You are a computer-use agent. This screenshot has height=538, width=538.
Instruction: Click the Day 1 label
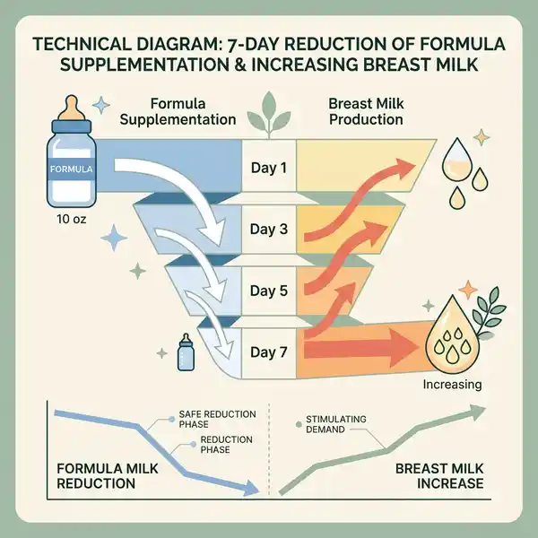[x=269, y=168]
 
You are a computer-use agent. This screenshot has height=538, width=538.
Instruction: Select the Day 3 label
[x=269, y=229]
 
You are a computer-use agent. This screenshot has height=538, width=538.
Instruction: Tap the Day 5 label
[x=269, y=291]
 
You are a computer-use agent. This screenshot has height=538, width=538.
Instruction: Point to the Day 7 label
[x=269, y=352]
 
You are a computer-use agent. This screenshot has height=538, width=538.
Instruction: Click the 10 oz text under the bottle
[x=72, y=219]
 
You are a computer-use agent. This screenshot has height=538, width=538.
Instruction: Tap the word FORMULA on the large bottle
[x=72, y=169]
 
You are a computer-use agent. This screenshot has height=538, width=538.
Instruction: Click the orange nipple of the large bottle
[x=72, y=108]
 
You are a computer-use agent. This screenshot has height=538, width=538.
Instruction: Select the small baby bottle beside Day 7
[x=186, y=352]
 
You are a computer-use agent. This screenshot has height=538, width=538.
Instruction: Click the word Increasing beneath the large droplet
[x=452, y=385]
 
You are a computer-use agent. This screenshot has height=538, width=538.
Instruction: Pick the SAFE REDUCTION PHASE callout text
[x=217, y=419]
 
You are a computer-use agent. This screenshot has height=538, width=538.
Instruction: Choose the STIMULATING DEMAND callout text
[x=336, y=424]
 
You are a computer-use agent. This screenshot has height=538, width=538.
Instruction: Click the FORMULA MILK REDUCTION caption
[x=107, y=476]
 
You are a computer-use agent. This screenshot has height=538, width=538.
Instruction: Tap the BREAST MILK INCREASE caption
[x=439, y=476]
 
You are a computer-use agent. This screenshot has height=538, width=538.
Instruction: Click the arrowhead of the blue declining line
[x=251, y=488]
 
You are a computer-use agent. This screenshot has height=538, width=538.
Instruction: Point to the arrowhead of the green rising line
[x=477, y=412]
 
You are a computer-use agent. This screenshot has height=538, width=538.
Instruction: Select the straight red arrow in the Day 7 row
[x=361, y=348]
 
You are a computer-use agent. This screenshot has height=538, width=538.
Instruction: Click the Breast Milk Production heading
[x=366, y=111]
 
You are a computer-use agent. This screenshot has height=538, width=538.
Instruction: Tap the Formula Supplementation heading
[x=178, y=111]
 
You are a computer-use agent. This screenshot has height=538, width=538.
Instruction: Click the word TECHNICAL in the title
[x=82, y=44]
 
